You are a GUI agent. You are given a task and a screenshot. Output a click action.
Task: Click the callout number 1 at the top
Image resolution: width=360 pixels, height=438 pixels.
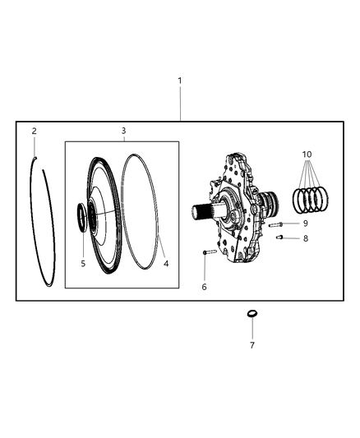(180, 81)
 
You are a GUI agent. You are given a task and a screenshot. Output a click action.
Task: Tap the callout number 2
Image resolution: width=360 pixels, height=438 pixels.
(34, 131)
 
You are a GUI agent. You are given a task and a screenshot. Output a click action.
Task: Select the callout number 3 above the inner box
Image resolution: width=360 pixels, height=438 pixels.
(123, 131)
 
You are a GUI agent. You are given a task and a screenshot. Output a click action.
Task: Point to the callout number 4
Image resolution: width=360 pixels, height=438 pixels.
(165, 264)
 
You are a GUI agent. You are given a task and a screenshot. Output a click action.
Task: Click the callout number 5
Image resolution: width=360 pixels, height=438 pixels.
(83, 264)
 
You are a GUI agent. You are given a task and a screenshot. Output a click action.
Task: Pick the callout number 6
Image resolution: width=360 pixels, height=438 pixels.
(204, 287)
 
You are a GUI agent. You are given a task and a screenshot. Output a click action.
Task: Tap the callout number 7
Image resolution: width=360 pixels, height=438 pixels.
(252, 345)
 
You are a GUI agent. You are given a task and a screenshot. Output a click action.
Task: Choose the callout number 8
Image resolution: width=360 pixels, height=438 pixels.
(305, 239)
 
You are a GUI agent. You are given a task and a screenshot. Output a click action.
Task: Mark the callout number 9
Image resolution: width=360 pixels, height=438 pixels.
(305, 223)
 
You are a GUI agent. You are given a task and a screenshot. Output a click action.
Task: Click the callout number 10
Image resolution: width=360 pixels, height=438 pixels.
(307, 155)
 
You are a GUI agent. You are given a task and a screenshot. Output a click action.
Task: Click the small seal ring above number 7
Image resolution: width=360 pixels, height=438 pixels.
(252, 315)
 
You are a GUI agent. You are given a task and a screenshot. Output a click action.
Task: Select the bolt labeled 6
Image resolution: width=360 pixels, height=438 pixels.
(208, 254)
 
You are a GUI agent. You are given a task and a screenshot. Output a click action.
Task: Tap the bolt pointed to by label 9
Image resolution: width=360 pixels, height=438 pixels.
(277, 224)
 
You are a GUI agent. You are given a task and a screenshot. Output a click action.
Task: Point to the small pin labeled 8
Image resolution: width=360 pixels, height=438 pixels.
(280, 238)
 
